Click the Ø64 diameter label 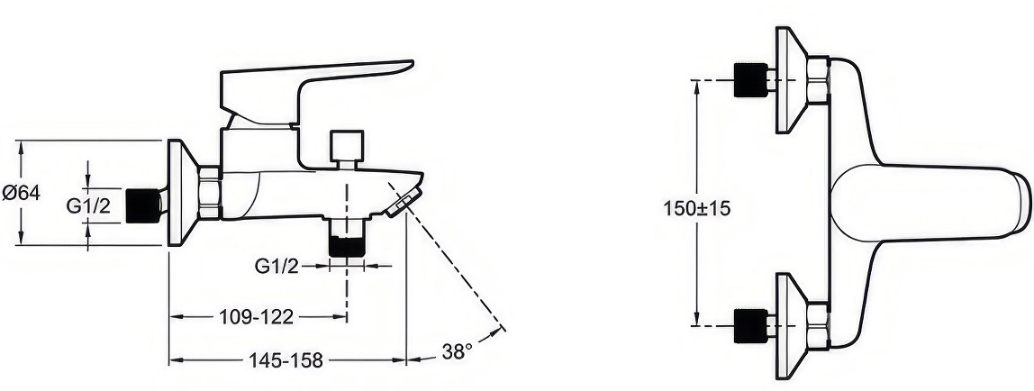click(x=21, y=193)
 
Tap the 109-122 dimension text click(x=256, y=317)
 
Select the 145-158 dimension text click(x=286, y=360)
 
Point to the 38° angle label click(x=457, y=351)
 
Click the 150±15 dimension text click(x=697, y=208)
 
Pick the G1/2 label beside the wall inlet click(x=88, y=206)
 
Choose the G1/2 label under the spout click(x=277, y=267)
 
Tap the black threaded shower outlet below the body click(x=347, y=247)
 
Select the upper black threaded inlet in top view click(x=751, y=80)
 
